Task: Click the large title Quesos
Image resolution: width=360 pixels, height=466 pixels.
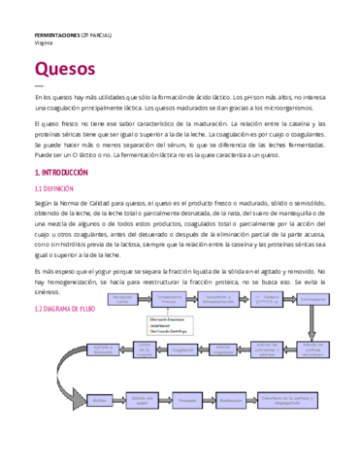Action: pyautogui.click(x=64, y=69)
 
